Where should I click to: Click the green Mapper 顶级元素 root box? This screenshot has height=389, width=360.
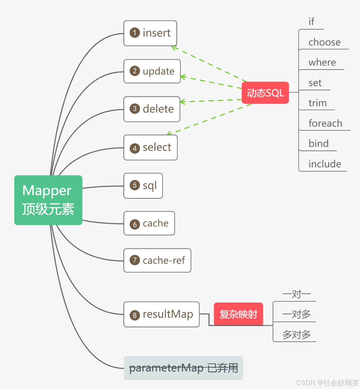click(x=48, y=200)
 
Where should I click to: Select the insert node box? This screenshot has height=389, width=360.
click(x=150, y=33)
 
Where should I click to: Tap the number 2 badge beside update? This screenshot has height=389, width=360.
click(x=135, y=71)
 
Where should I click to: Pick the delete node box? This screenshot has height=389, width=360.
click(x=152, y=109)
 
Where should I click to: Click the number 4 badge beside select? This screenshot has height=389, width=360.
click(x=135, y=148)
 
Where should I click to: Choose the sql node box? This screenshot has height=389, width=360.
click(x=143, y=186)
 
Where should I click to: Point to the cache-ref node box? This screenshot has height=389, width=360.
click(x=157, y=260)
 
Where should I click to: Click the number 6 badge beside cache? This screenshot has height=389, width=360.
click(x=135, y=224)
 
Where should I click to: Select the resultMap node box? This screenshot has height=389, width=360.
click(x=161, y=314)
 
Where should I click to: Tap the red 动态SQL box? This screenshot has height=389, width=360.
click(x=265, y=93)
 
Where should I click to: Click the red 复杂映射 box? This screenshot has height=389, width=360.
click(x=238, y=314)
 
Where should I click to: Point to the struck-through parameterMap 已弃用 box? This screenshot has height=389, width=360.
click(x=183, y=368)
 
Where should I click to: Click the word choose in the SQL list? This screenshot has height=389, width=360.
click(x=324, y=42)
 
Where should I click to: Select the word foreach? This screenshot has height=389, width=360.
click(x=325, y=123)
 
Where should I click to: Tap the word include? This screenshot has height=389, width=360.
click(x=325, y=164)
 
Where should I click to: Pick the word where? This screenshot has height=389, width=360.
click(x=322, y=62)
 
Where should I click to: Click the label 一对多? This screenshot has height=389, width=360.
click(x=296, y=314)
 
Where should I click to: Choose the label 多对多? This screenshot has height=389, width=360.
click(x=296, y=334)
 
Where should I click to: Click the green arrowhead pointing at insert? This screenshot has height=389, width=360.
click(x=174, y=48)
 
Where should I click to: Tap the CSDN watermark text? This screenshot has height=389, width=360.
click(x=328, y=383)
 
